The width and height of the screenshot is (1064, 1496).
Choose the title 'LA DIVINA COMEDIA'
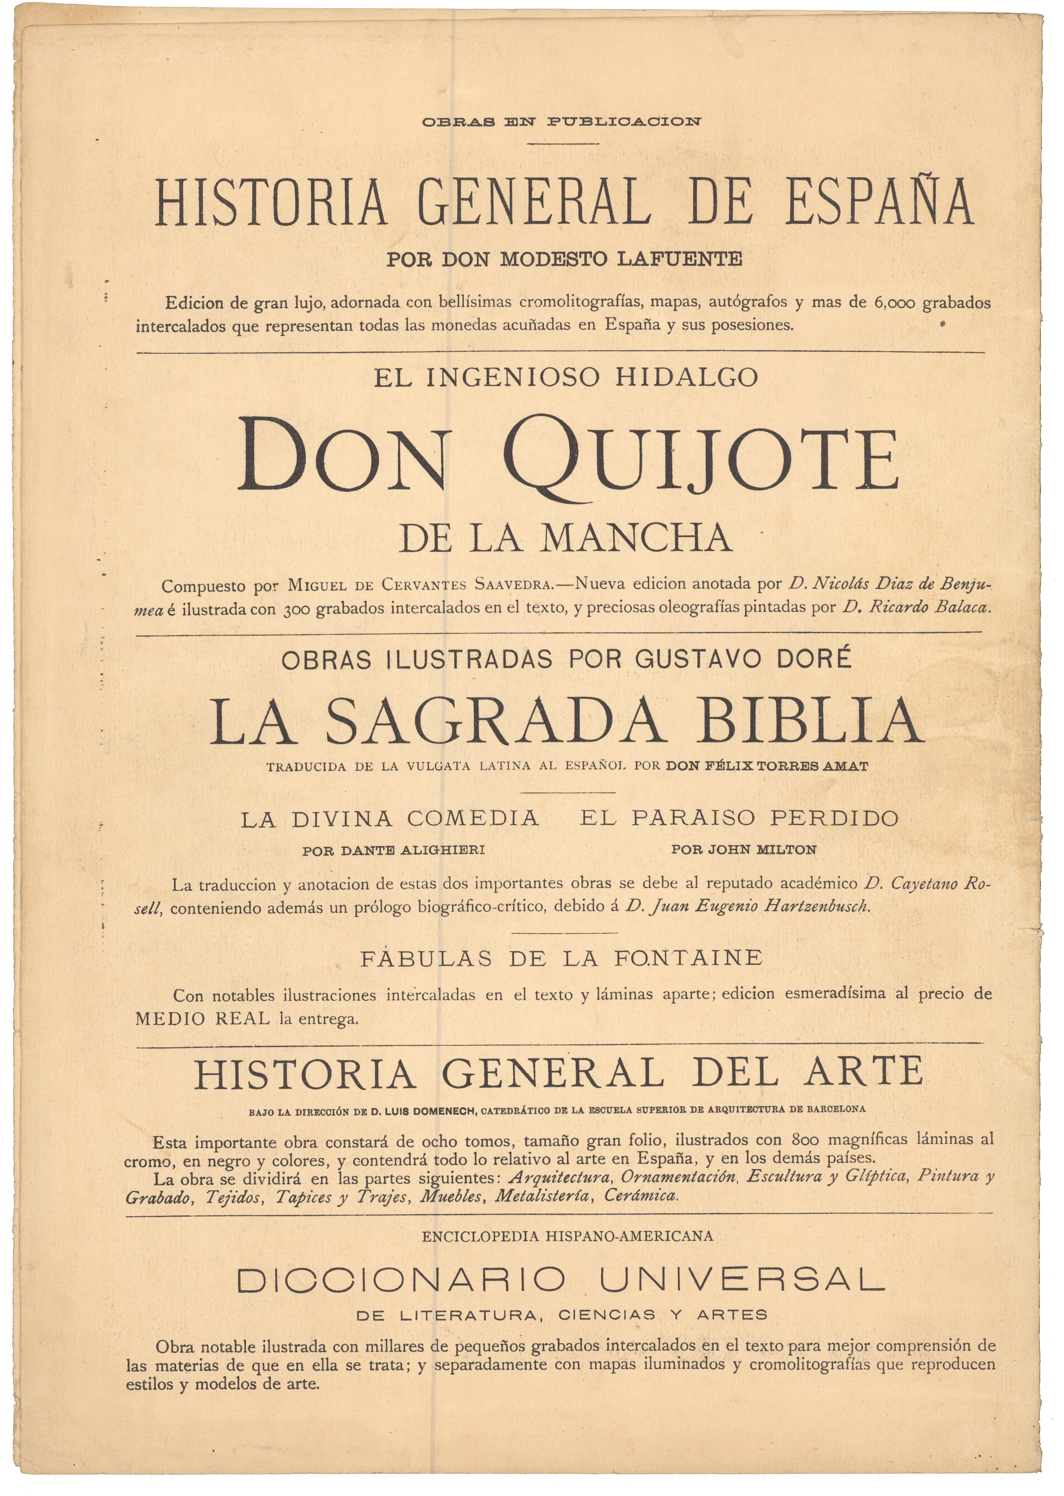390,819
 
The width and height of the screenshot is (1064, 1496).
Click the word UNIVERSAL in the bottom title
742,1281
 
